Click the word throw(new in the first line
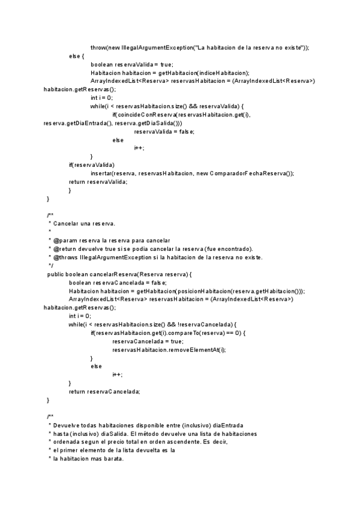[104, 47]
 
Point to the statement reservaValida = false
[164, 131]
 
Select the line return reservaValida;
[98, 181]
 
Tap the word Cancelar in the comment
[65, 223]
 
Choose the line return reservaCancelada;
[104, 391]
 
